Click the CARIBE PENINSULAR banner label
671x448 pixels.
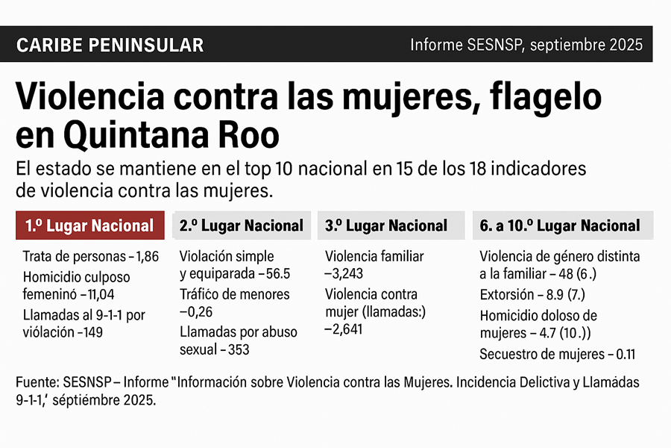click(110, 45)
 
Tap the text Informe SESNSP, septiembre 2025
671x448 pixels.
click(526, 45)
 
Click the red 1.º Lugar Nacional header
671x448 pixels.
click(89, 225)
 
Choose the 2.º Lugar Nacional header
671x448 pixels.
click(242, 225)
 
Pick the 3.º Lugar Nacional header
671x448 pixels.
click(386, 225)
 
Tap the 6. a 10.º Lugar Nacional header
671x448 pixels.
click(560, 225)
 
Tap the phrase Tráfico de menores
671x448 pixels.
click(235, 294)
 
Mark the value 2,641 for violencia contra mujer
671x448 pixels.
click(344, 329)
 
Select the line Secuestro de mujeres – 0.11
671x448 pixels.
click(557, 355)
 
